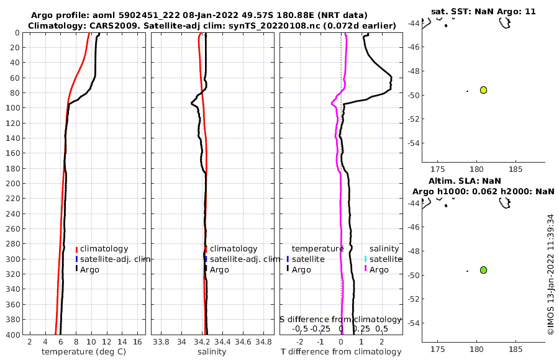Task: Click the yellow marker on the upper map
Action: point(483,90)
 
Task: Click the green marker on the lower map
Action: point(483,270)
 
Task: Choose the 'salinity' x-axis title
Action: point(211,352)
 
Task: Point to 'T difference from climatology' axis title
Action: point(341,352)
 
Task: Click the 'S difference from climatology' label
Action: point(340,319)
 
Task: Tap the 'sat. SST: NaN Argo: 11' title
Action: point(483,11)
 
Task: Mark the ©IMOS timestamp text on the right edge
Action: point(550,275)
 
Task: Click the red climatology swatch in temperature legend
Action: point(77,249)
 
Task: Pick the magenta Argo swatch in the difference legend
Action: point(365,269)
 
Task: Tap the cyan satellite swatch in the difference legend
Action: point(365,259)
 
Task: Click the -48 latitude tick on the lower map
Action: point(413,251)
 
